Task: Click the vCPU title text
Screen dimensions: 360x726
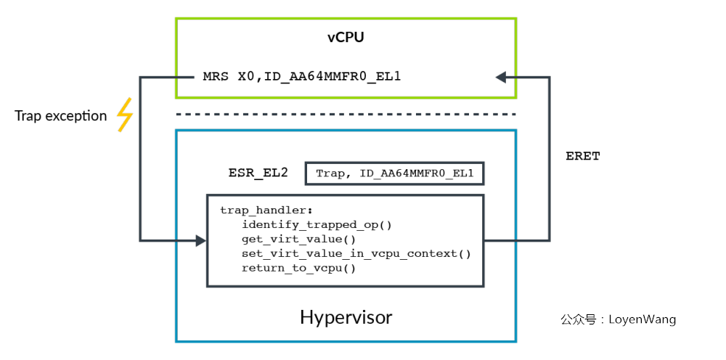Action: click(346, 38)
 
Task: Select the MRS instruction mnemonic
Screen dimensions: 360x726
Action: click(216, 75)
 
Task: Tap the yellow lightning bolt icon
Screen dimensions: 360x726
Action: click(125, 115)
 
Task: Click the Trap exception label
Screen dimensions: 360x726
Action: click(60, 116)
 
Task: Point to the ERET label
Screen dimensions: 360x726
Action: click(582, 156)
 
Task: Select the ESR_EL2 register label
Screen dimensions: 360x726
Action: click(258, 173)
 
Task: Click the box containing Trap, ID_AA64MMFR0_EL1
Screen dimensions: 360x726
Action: click(394, 173)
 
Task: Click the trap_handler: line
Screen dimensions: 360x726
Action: click(257, 210)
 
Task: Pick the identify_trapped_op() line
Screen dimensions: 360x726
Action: click(317, 224)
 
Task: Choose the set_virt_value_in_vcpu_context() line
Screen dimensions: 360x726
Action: click(356, 253)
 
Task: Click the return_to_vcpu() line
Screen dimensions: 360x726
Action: click(298, 268)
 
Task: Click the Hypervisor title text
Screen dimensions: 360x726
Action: click(346, 318)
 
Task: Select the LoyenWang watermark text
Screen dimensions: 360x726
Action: click(642, 319)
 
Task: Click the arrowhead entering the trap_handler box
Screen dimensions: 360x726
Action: click(201, 240)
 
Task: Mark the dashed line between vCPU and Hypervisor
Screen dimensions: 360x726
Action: click(346, 114)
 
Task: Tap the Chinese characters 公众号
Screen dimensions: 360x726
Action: click(577, 319)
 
